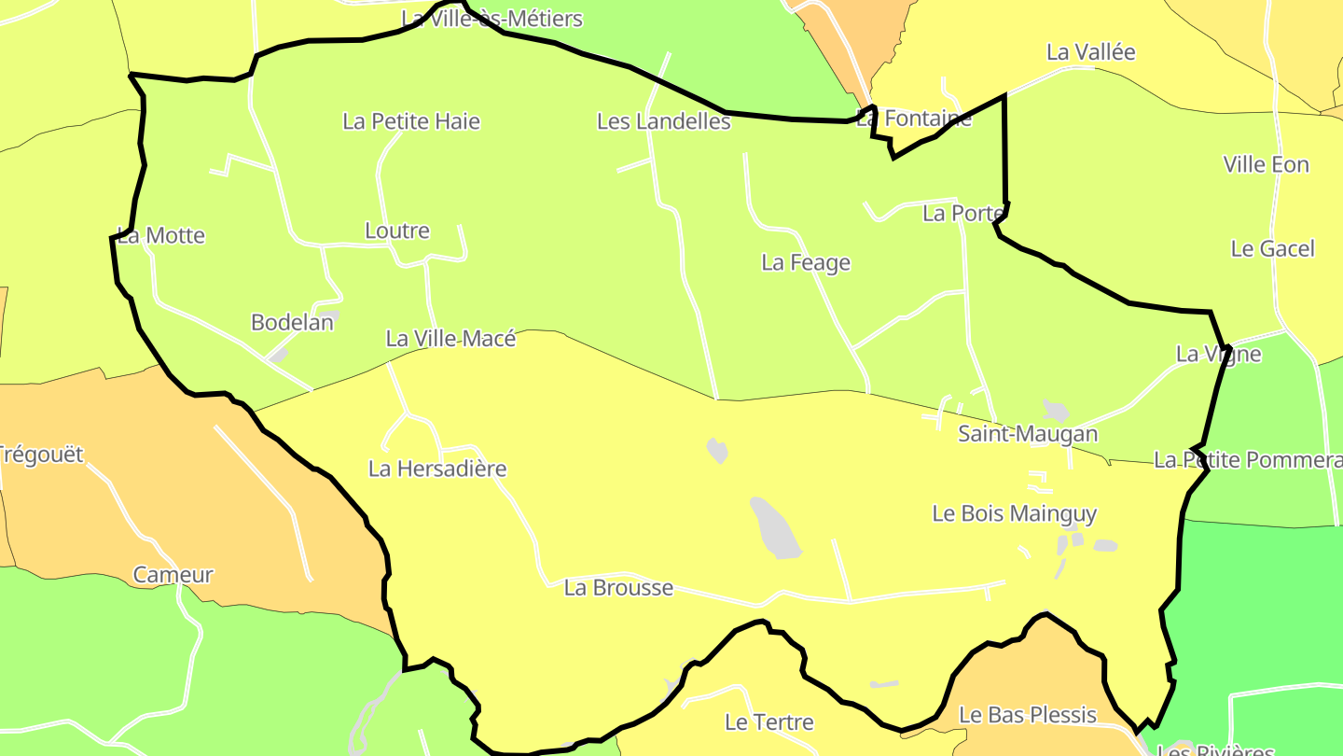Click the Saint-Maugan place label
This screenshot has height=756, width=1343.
pyautogui.click(x=1028, y=434)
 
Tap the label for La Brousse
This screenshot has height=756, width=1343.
pyautogui.click(x=618, y=588)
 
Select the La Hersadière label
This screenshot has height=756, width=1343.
pyautogui.click(x=437, y=469)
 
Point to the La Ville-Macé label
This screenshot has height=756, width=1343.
pyautogui.click(x=450, y=339)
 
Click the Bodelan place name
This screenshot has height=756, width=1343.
pyautogui.click(x=292, y=323)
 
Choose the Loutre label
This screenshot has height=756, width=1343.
pyautogui.click(x=397, y=231)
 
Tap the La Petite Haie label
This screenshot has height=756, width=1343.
pyautogui.click(x=411, y=121)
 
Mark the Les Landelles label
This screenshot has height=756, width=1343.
pyautogui.click(x=663, y=121)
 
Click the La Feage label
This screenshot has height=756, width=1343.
pyautogui.click(x=806, y=263)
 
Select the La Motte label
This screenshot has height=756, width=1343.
pyautogui.click(x=161, y=235)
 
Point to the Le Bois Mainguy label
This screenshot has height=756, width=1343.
pyautogui.click(x=1015, y=513)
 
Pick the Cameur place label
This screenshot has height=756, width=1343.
pyautogui.click(x=173, y=575)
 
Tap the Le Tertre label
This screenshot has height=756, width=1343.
pyautogui.click(x=769, y=722)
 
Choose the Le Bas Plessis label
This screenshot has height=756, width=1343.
pyautogui.click(x=1028, y=715)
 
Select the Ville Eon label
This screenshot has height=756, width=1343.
pyautogui.click(x=1267, y=165)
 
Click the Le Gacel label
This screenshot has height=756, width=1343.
pyautogui.click(x=1273, y=249)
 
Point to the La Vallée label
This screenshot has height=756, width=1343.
pyautogui.click(x=1091, y=52)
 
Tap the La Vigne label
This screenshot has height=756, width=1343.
pyautogui.click(x=1218, y=355)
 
